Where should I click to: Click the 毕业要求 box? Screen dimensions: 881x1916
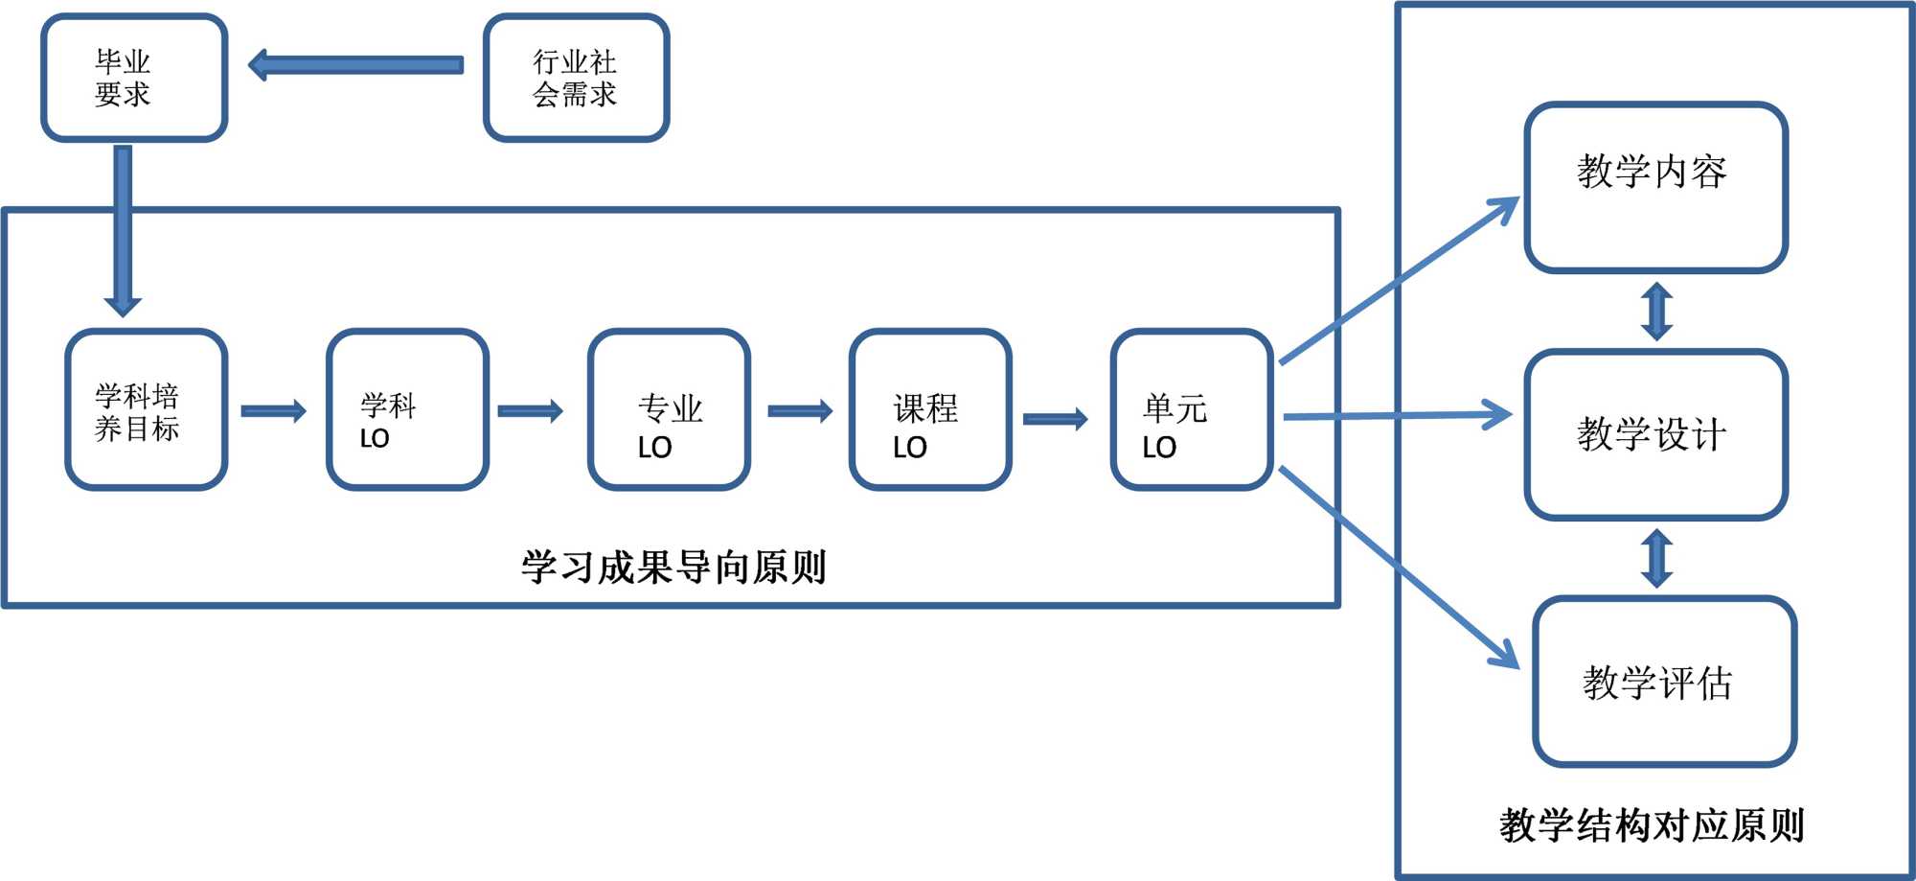point(134,78)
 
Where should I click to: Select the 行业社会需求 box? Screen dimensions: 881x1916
point(576,78)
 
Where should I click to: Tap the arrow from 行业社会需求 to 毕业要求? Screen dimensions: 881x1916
point(355,65)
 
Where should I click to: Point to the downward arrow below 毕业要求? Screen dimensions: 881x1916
point(123,230)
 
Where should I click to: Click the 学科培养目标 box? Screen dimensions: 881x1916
point(146,410)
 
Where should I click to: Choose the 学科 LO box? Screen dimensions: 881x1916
point(407,410)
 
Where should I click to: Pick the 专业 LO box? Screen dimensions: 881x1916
point(669,410)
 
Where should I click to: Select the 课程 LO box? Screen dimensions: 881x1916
point(930,410)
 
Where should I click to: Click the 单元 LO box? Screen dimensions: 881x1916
point(1192,410)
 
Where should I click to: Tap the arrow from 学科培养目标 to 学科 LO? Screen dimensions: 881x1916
point(273,411)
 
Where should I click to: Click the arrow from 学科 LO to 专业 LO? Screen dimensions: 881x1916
point(530,411)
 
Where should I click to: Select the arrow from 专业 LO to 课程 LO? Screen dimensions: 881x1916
point(800,411)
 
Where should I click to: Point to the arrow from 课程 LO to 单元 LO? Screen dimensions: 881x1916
point(1056,419)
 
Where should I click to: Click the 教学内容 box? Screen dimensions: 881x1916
point(1655,188)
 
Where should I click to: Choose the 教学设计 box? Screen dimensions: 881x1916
point(1655,435)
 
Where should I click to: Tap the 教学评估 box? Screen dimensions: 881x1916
point(1664,682)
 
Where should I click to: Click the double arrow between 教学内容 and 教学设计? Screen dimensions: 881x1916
point(1656,312)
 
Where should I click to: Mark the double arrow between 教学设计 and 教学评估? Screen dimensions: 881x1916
point(1656,558)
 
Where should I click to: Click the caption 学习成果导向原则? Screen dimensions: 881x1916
point(673,568)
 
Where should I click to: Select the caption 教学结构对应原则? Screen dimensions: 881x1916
point(1652,824)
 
